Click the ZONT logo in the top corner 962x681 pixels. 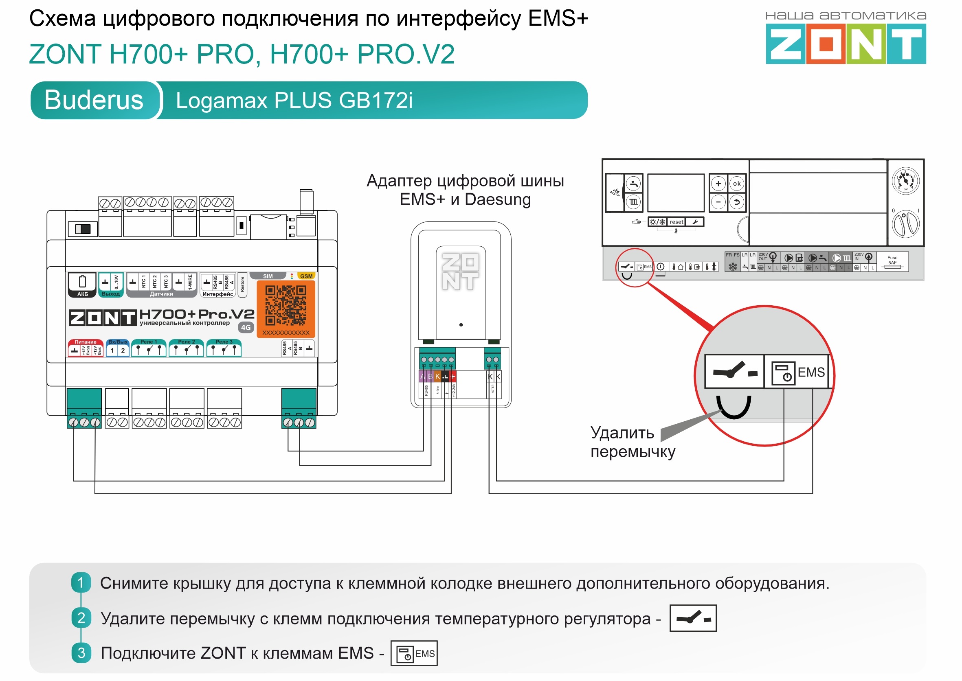846,43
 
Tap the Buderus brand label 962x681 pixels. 94,100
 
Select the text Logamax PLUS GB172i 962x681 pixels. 294,101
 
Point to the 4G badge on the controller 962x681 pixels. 246,328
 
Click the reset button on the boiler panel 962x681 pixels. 676,222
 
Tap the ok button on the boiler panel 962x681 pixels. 736,184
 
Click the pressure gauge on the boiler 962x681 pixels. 905,181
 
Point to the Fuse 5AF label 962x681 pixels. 892,261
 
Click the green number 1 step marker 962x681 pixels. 81,582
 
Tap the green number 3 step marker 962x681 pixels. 81,653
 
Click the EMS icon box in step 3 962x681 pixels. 414,653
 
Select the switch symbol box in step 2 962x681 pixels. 693,617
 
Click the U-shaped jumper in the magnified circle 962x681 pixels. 734,407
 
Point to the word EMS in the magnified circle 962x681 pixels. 810,372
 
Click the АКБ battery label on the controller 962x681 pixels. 82,294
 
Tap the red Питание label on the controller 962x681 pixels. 86,342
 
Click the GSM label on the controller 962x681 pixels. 306,276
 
